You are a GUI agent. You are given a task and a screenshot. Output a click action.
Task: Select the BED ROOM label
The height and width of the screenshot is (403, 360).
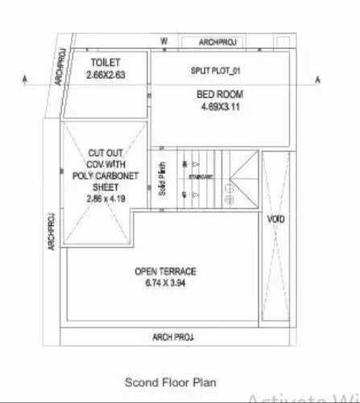(x=219, y=94)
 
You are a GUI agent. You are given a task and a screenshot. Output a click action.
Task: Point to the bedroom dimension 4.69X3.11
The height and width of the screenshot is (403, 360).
(x=220, y=106)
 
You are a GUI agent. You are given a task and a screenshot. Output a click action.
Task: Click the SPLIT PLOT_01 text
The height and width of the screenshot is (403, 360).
(x=216, y=72)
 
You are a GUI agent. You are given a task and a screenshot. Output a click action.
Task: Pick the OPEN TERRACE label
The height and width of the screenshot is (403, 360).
(x=166, y=272)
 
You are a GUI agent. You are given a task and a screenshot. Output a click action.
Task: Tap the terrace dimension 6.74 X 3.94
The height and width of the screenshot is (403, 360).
(x=166, y=284)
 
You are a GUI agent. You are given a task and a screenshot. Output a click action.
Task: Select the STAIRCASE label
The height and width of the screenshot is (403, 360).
(x=201, y=175)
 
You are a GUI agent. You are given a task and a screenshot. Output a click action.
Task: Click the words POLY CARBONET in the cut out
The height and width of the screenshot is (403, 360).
(x=106, y=173)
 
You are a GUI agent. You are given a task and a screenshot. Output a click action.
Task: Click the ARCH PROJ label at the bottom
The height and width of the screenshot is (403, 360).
(x=173, y=336)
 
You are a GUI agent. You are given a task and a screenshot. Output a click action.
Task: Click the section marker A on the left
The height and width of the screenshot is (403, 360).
(x=27, y=79)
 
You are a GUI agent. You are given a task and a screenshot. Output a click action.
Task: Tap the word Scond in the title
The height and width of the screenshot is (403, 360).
(x=138, y=382)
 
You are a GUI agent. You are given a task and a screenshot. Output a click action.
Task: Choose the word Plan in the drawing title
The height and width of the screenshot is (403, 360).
(x=204, y=382)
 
